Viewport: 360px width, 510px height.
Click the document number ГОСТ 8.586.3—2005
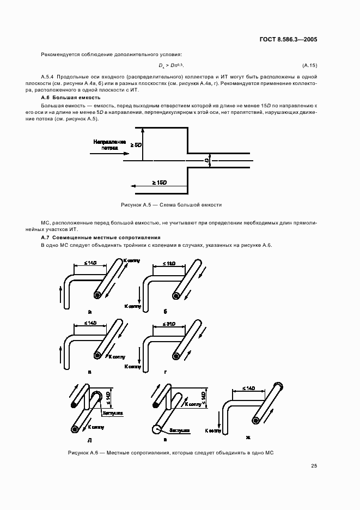(x=289, y=40)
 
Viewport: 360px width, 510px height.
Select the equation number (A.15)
(x=309, y=66)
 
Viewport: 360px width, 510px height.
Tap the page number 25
(x=313, y=465)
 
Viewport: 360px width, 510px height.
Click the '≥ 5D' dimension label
(x=136, y=145)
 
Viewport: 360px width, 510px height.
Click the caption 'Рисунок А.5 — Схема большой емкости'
(x=171, y=205)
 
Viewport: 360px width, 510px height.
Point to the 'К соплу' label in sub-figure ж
(x=213, y=430)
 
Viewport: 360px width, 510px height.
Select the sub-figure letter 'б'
(x=164, y=312)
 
